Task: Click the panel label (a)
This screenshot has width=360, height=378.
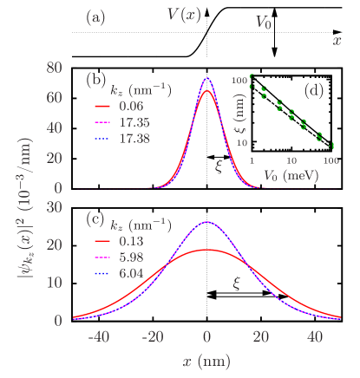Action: [x=95, y=16]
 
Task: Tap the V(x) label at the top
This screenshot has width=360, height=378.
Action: [x=187, y=14]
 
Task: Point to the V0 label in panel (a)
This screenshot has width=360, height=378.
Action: [x=264, y=24]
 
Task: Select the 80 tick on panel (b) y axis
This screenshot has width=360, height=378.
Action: [x=54, y=68]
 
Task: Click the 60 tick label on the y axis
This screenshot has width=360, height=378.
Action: [x=54, y=98]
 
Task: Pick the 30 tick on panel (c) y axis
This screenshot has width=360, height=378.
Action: [x=54, y=206]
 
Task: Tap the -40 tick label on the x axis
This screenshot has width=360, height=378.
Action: [x=97, y=338]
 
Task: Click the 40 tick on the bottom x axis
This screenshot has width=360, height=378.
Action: [x=315, y=338]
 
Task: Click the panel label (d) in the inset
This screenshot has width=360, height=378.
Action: [x=315, y=90]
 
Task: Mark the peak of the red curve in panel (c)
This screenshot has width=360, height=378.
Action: [x=206, y=250]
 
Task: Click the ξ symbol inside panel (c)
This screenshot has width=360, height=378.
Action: [x=235, y=283]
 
